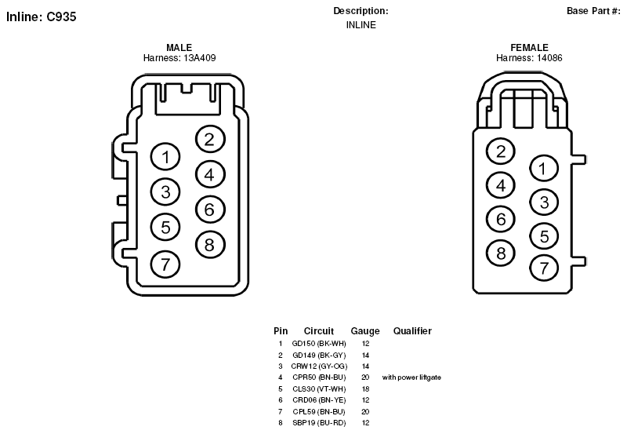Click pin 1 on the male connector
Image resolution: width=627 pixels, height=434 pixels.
[x=165, y=157]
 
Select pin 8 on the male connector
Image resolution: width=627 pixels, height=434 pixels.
[x=210, y=245]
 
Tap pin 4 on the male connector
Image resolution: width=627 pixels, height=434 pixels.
[x=210, y=174]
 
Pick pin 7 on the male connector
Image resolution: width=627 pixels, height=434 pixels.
[x=165, y=264]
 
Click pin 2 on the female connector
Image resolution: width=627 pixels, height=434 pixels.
[x=501, y=151]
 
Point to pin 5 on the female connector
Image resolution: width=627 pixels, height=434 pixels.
[x=544, y=236]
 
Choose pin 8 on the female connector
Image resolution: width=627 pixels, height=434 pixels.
[x=501, y=253]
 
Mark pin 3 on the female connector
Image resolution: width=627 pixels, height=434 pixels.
[x=544, y=202]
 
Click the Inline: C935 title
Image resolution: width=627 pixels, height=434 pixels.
[x=42, y=16]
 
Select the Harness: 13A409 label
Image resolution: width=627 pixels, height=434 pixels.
[x=179, y=58]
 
